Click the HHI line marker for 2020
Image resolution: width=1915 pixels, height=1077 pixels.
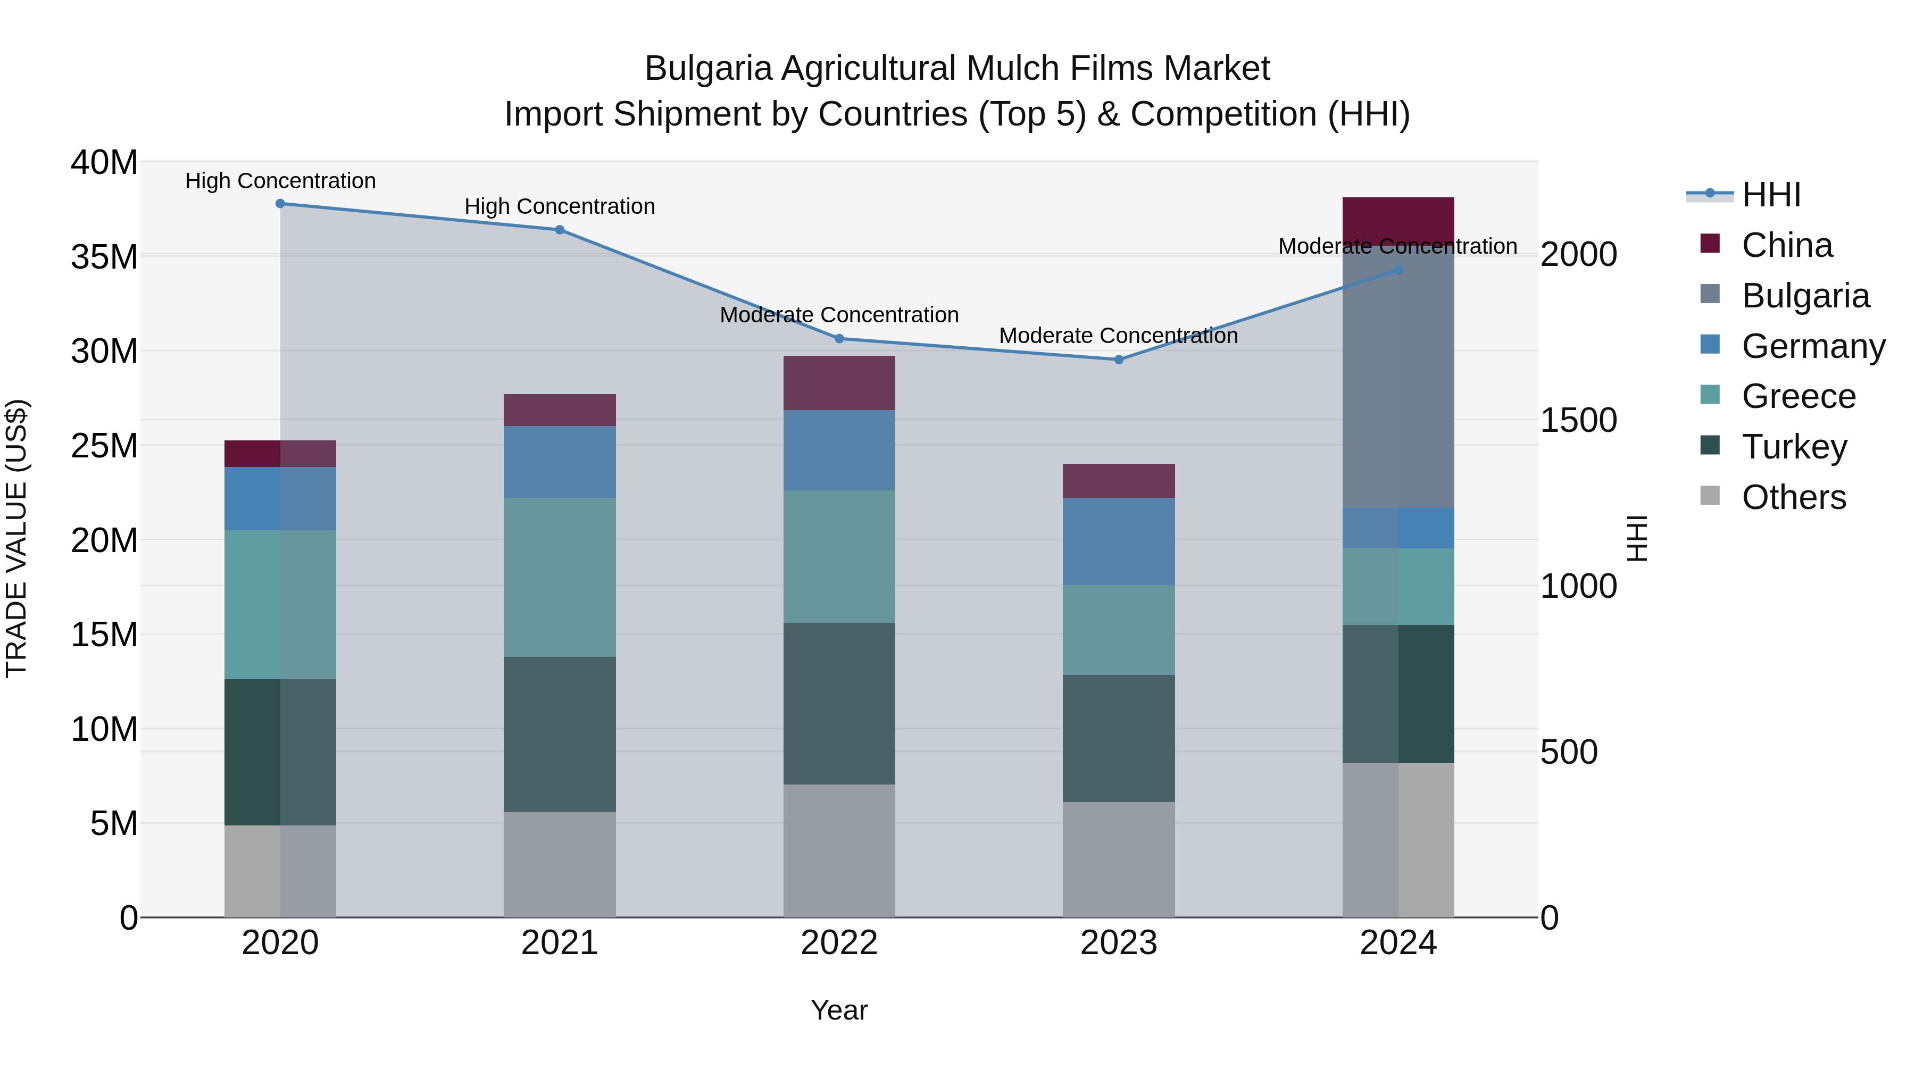(x=280, y=204)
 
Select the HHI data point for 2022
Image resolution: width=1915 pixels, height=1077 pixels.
(x=839, y=339)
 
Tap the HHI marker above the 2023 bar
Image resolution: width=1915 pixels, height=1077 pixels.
(x=1119, y=360)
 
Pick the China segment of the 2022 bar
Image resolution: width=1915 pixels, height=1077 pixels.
(x=839, y=383)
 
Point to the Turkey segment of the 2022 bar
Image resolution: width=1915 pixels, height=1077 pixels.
(x=839, y=703)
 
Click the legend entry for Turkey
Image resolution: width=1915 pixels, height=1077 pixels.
(x=1794, y=447)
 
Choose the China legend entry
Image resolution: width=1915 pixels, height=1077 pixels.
(x=1786, y=245)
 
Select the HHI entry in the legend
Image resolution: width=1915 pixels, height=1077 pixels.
(x=1771, y=195)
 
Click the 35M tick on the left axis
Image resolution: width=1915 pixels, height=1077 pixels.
(x=104, y=257)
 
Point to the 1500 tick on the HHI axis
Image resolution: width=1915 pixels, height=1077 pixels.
(x=1578, y=421)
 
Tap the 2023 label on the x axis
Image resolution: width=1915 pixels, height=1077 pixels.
(x=1119, y=943)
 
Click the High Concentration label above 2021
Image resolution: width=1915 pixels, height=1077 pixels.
(x=560, y=207)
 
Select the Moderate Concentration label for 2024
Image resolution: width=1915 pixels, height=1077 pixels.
(x=1397, y=246)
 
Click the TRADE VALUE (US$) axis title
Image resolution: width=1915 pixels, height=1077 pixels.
(x=17, y=538)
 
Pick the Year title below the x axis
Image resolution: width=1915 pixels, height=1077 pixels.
(x=839, y=1010)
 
